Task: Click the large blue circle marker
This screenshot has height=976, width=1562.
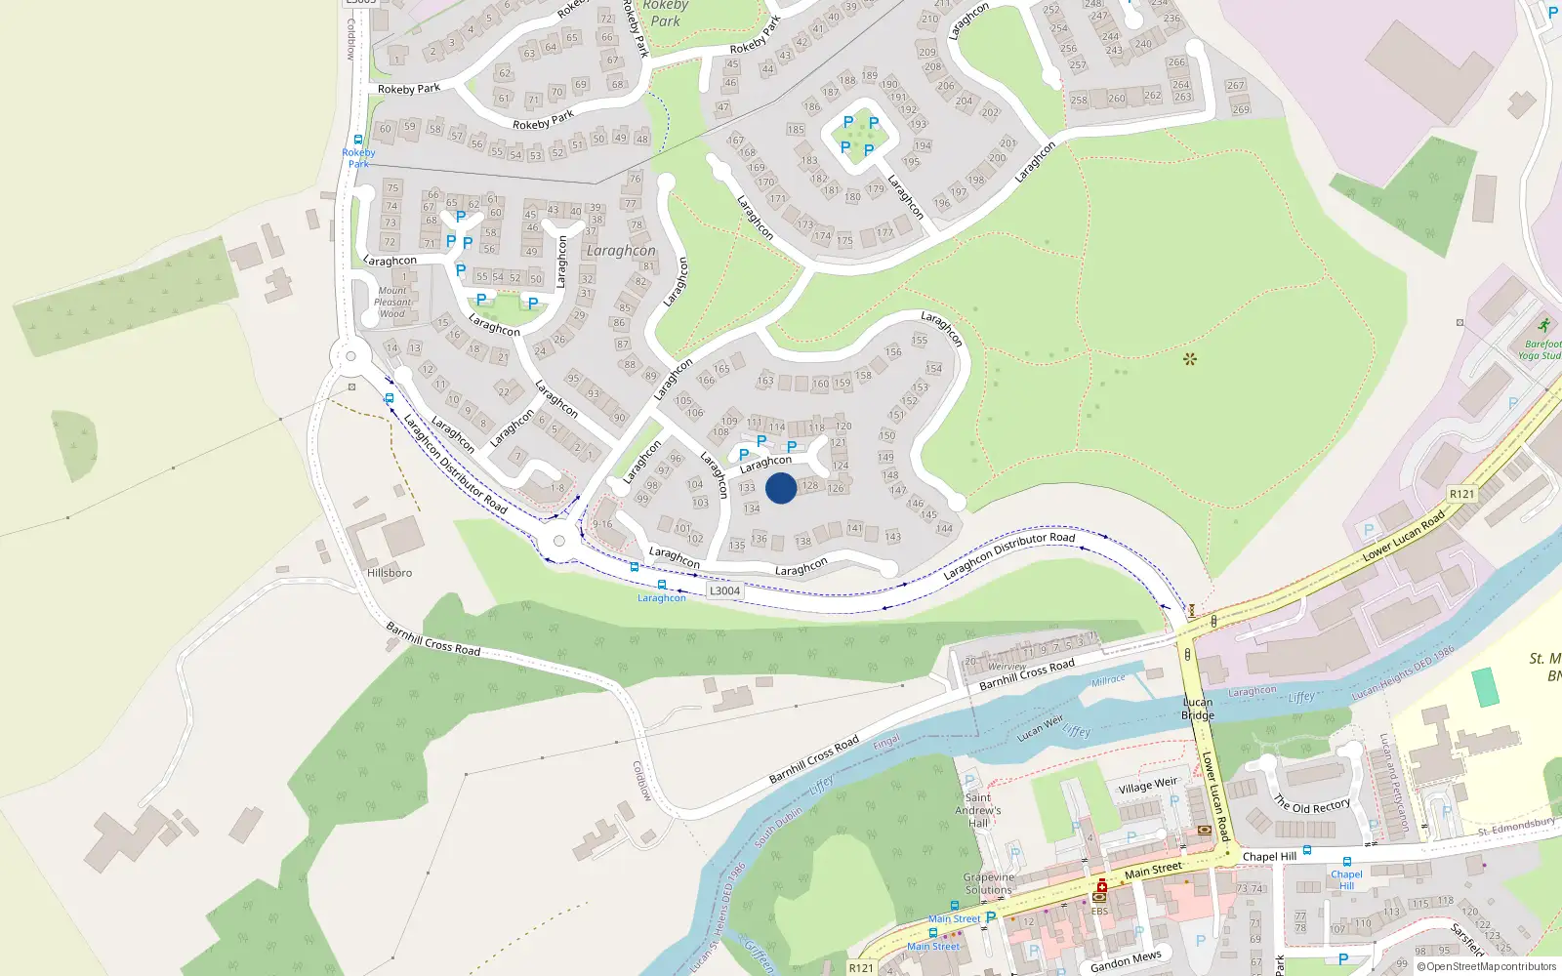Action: click(781, 488)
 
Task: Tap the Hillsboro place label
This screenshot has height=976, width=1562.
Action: click(390, 573)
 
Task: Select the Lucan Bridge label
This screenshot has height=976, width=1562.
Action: click(1198, 709)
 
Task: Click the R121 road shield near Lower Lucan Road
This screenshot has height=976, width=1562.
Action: click(1461, 494)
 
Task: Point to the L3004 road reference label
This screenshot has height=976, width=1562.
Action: click(724, 590)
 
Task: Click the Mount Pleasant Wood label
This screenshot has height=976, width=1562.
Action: click(392, 302)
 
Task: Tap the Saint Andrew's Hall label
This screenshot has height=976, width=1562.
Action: click(978, 810)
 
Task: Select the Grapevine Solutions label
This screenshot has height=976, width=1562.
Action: click(989, 883)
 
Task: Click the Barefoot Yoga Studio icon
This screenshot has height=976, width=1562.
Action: click(1543, 326)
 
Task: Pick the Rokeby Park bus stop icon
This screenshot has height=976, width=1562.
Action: click(358, 140)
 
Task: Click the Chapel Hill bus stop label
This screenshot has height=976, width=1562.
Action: click(1346, 879)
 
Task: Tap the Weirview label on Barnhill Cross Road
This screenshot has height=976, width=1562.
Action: click(1007, 667)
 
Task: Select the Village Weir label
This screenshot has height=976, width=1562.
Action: click(1148, 785)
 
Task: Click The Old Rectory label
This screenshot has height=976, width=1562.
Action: click(1312, 805)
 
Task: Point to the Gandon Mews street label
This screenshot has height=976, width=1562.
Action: click(1126, 961)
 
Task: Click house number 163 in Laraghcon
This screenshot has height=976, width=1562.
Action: click(765, 381)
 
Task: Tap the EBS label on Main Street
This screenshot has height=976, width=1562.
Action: click(1099, 912)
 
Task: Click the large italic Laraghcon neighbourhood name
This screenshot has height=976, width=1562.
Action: click(621, 251)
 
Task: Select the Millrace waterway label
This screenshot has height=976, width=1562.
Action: click(1108, 680)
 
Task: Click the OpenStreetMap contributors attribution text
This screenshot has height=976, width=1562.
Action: click(1487, 966)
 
